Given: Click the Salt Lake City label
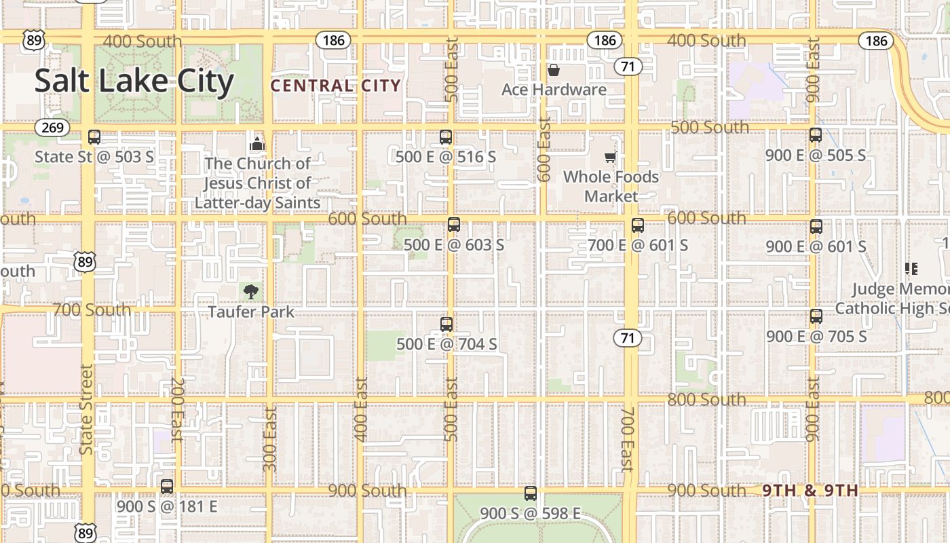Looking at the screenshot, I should pos(134,81).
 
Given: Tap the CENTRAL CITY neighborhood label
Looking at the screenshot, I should pos(336,86).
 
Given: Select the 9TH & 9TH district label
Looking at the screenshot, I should pos(810,491).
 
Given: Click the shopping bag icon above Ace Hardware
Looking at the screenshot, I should pos(554,70).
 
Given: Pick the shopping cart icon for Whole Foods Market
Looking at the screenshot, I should pos(610,157).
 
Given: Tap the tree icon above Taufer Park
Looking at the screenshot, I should pos(251,292).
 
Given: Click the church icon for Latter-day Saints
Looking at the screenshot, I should pos(257,144).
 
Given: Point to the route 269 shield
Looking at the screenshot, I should pos(52,128).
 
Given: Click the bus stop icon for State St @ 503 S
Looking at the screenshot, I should pos(94,137).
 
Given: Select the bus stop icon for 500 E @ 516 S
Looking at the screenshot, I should pos(446,137).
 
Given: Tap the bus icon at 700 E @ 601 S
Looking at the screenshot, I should pos(637,225).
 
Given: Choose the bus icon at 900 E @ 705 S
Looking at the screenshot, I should pos(816,316).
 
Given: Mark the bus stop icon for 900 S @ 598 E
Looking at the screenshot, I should pos(531,493).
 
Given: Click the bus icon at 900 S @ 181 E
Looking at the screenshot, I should pos(167,487).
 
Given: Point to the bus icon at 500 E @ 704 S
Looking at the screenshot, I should pos(446,324).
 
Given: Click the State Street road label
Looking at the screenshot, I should pos(86,409).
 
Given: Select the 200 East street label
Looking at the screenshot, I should pos(177,409).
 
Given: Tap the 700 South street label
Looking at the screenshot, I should pos(92,310).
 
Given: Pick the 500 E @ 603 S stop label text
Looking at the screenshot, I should pos(454,244).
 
